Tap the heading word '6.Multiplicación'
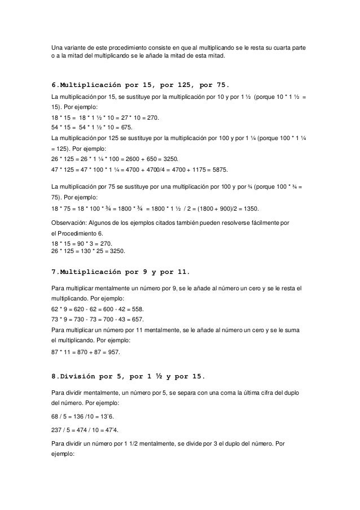click(86, 85)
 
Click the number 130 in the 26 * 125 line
click(91, 250)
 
